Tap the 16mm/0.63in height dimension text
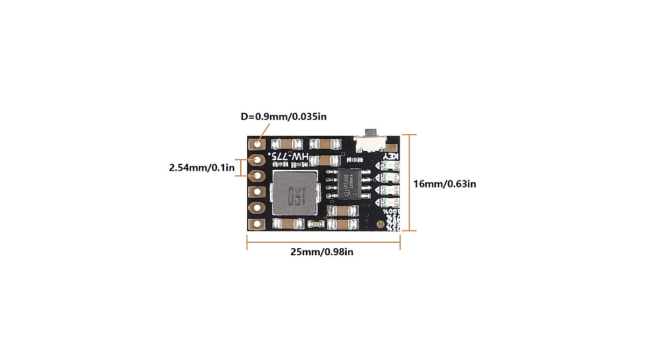pos(445,184)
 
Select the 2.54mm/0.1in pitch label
pos(202,168)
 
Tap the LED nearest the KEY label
pos(391,166)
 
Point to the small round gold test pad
pos(381,224)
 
